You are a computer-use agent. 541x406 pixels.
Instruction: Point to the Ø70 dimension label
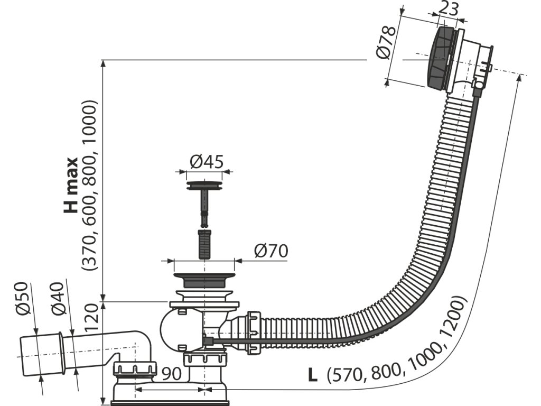point(270,251)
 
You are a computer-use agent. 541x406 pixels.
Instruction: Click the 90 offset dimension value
point(172,374)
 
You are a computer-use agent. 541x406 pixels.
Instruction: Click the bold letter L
point(313,376)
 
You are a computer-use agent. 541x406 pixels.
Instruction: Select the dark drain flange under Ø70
point(203,280)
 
